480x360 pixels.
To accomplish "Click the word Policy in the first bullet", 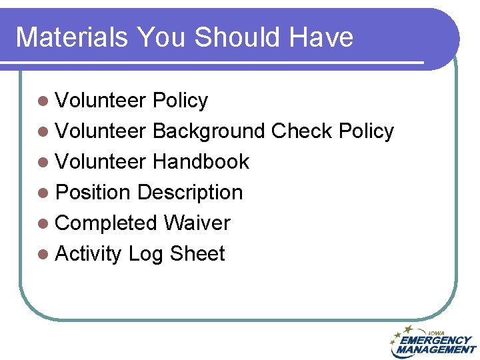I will [180, 101].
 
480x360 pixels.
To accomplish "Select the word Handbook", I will [201, 162].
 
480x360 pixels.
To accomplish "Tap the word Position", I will [93, 193].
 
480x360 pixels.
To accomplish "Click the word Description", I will [190, 193].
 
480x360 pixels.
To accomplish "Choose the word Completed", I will [107, 223].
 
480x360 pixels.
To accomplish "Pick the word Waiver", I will [197, 223].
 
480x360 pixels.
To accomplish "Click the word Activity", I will [89, 254].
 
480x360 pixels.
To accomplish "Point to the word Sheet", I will [197, 254].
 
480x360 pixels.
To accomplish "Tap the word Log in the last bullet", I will [145, 255].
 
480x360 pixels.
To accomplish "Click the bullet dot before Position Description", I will [43, 193].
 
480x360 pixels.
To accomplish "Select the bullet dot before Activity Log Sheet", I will [43, 255].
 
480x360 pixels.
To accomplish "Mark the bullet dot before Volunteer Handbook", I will [43, 163].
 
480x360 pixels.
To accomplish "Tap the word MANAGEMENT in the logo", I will [435, 349].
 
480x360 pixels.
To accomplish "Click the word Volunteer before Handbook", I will [101, 162].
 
